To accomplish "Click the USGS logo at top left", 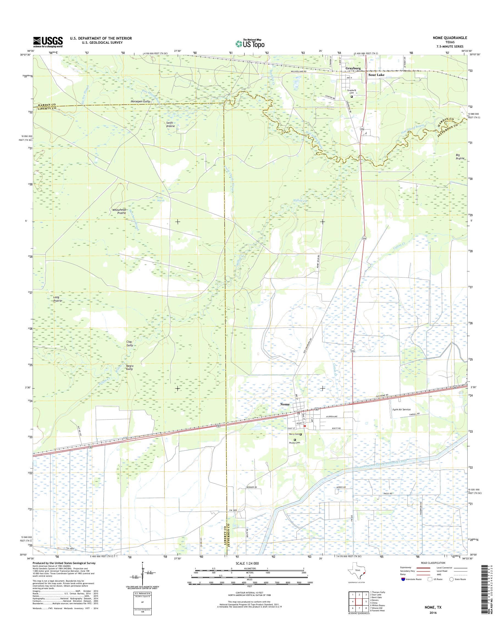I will point(48,42).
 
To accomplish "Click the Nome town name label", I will point(285,404).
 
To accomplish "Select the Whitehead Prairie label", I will point(119,211).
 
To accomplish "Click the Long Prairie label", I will point(56,299).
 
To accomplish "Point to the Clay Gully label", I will point(129,343).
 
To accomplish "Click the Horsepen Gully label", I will point(140,101).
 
